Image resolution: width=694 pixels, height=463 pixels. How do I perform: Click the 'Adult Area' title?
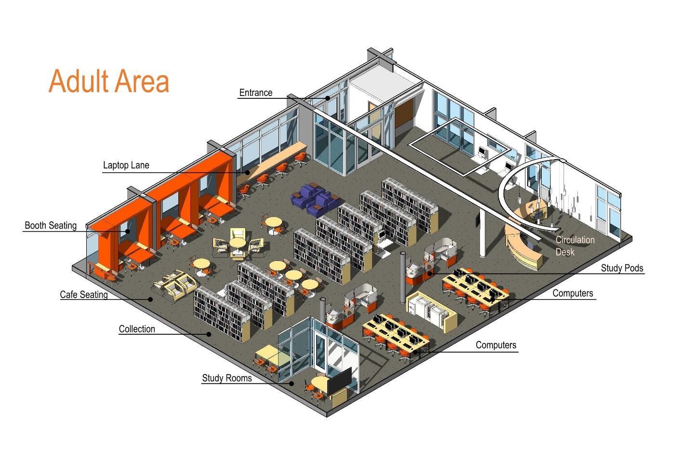coord(109,81)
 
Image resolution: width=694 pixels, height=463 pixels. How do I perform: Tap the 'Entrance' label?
coord(255,93)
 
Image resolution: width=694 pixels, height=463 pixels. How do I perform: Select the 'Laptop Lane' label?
coord(126,165)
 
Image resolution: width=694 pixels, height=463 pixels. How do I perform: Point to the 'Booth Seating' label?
coord(51,225)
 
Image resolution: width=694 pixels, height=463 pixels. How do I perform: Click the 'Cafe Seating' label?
coord(84,294)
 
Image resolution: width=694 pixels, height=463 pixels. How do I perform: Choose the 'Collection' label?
coord(137,329)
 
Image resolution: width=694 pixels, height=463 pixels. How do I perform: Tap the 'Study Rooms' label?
coord(227,378)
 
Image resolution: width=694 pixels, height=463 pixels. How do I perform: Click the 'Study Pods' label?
coord(622,268)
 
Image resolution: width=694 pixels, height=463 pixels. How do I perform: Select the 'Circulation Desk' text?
coord(574,246)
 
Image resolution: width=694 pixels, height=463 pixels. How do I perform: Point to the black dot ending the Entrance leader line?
coord(328,98)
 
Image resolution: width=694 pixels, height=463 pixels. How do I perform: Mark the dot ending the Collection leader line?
coord(209,334)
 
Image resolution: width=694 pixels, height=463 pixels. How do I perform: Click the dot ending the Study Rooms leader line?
coord(292,383)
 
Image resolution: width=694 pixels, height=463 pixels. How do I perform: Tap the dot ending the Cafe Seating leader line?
coord(150,299)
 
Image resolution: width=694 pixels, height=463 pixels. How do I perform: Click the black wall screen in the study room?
coord(339,381)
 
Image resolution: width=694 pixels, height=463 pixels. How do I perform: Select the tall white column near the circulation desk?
coord(482,232)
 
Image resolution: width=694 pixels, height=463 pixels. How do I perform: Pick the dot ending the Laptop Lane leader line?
coord(247,173)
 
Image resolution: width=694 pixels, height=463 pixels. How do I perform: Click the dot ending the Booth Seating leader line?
coord(127,231)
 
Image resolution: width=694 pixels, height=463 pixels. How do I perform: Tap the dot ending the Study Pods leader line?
coord(430,273)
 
